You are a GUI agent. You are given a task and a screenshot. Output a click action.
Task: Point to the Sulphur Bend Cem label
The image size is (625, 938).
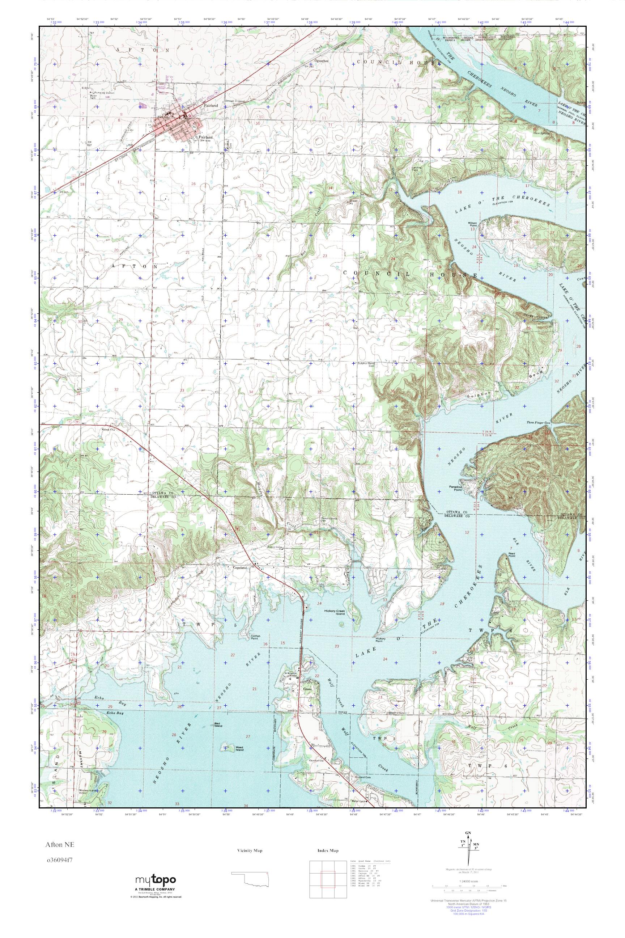(367, 364)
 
